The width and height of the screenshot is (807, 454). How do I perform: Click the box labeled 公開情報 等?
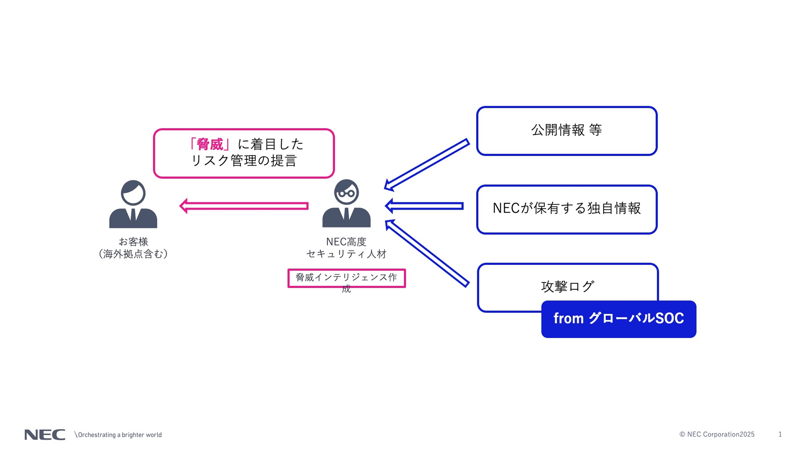point(567,131)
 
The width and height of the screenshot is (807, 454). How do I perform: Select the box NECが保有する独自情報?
point(567,209)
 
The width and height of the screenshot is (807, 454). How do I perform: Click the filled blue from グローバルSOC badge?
point(618,319)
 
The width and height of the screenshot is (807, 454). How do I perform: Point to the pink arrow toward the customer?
point(244,206)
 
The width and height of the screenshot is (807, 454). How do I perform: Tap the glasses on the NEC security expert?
point(346,193)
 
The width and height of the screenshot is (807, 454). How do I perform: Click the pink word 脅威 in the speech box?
point(210,144)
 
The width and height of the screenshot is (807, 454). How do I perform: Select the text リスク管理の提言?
point(244,161)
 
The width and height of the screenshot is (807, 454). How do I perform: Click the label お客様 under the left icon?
point(133,241)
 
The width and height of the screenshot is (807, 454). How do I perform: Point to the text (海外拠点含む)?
point(133,254)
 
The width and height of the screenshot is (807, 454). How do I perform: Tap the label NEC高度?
point(346,241)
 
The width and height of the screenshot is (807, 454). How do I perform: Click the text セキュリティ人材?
point(346,254)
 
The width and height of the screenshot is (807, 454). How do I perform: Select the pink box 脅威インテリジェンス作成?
point(346,278)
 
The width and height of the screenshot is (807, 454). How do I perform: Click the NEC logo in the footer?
point(45,434)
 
